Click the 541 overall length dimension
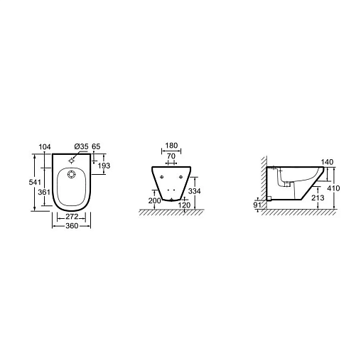(35, 182)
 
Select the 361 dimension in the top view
(44, 192)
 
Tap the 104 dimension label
(45, 147)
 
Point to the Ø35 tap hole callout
(81, 146)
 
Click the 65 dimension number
(96, 146)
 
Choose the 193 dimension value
(104, 166)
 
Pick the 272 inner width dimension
(72, 216)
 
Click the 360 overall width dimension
(72, 226)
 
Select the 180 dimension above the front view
(171, 145)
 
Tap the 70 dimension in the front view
(171, 156)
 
